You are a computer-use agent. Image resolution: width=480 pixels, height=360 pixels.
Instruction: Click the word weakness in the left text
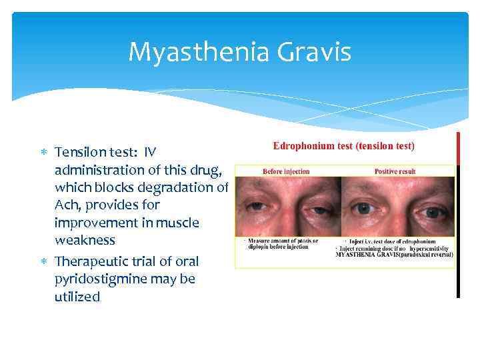tap(85, 240)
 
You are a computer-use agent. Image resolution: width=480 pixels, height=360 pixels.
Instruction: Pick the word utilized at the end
tap(77, 297)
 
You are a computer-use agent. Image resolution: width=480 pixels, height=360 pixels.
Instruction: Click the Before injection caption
tap(286, 171)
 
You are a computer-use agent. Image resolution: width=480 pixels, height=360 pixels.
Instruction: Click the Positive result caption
tap(395, 171)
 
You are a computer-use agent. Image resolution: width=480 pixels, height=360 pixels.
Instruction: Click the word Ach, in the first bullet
tap(68, 204)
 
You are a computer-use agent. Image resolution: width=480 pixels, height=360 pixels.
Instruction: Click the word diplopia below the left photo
tap(257, 247)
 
